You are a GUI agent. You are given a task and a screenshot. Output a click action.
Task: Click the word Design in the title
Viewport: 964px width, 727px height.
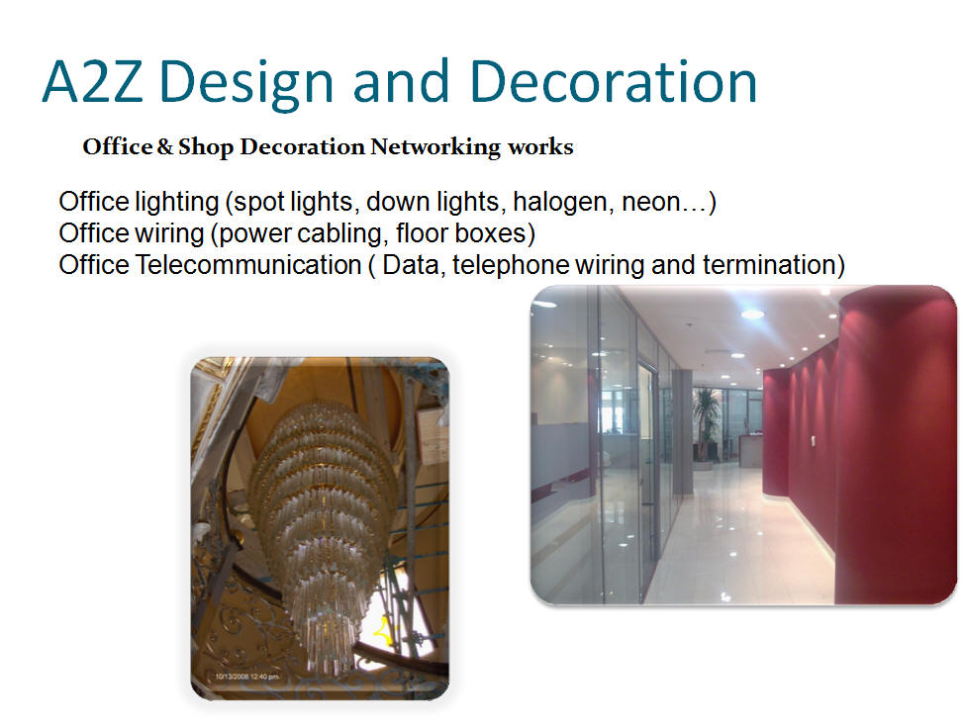coord(245,83)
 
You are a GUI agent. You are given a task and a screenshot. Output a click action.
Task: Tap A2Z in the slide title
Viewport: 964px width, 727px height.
coord(93,81)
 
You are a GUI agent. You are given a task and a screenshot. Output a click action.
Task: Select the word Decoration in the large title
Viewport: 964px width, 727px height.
coord(613,81)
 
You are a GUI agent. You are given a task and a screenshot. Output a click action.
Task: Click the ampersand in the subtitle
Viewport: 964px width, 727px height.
coord(164,147)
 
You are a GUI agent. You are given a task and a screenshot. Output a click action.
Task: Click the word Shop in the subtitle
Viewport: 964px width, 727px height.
coord(206,147)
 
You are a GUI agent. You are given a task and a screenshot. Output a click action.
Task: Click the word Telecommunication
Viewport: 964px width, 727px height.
coord(248,265)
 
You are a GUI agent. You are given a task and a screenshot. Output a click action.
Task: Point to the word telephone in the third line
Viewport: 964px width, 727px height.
coord(510,265)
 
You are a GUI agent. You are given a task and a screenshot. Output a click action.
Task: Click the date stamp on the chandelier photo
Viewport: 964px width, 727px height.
coord(246,677)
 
